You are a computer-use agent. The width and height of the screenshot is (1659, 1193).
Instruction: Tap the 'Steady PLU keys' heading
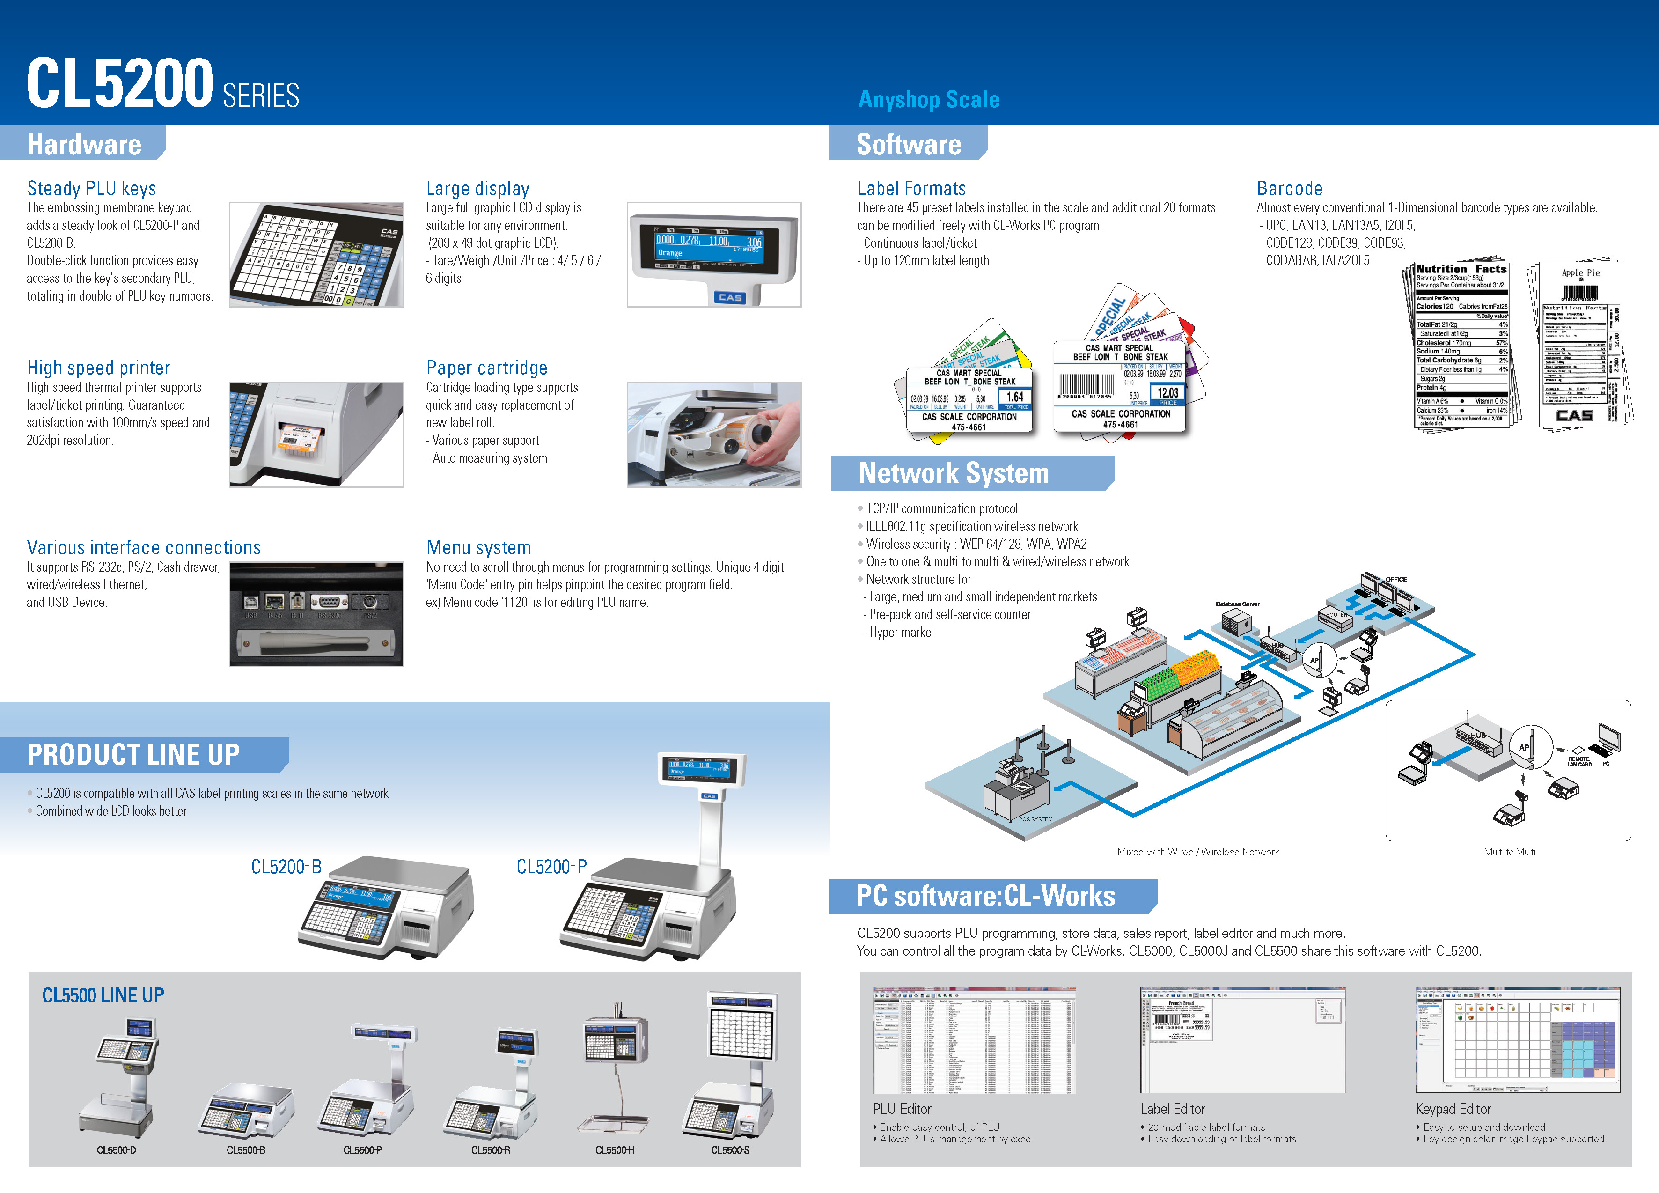point(91,189)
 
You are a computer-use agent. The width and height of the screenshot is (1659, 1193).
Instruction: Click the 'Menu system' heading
point(478,548)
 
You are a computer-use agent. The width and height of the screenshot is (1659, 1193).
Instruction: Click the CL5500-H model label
point(615,1150)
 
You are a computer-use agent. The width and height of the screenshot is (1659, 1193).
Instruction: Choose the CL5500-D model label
point(116,1150)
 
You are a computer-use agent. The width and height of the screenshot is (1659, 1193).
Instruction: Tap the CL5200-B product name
point(286,867)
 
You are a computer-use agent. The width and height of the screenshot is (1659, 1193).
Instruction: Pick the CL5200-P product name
point(551,867)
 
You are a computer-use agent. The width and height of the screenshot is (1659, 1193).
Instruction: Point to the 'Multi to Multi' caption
point(1509,852)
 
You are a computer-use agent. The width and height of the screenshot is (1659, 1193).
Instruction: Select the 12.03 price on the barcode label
point(1167,393)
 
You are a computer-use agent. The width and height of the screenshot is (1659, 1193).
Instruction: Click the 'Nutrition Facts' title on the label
point(1461,269)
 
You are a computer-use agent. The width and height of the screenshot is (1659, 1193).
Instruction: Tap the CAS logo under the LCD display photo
point(729,298)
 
